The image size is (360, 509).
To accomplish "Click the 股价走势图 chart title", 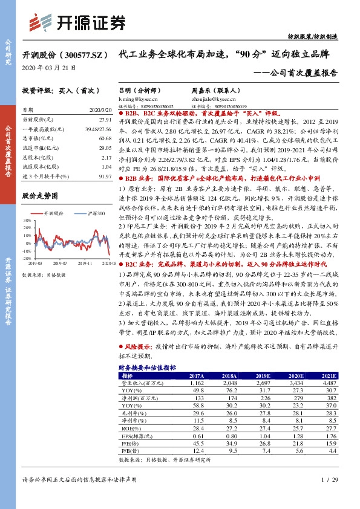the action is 39,195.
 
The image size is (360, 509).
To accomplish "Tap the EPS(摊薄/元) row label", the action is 138,435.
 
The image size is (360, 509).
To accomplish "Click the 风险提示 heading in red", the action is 137,349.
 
